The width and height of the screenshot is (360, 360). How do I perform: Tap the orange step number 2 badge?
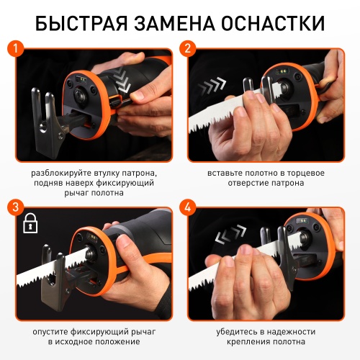click(x=189, y=50)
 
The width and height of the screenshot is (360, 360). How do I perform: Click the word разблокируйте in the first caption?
click(x=62, y=174)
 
